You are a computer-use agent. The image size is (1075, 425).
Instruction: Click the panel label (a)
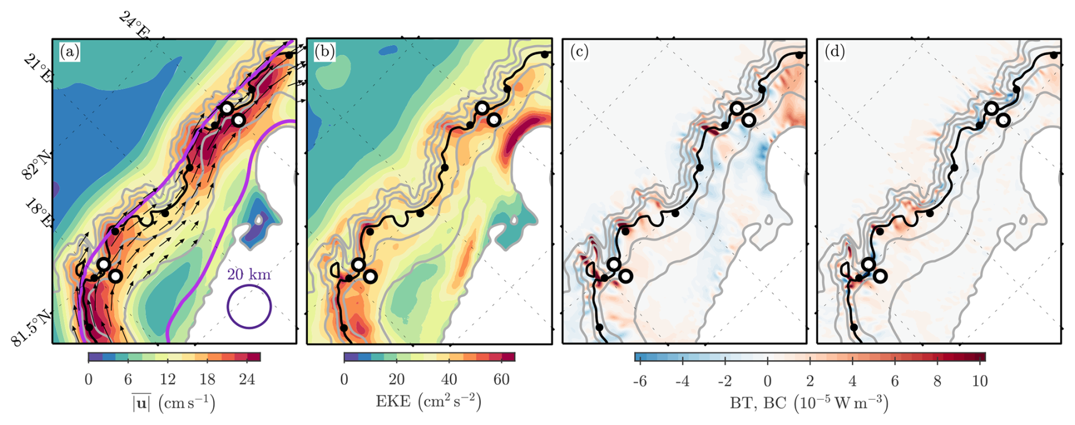pyautogui.click(x=70, y=52)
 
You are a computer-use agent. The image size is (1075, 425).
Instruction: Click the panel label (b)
pyautogui.click(x=324, y=52)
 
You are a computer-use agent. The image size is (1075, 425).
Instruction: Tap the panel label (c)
pyautogui.click(x=580, y=52)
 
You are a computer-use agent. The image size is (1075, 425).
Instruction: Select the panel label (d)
pyautogui.click(x=835, y=52)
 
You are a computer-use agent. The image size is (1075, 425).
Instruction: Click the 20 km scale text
pyautogui.click(x=249, y=275)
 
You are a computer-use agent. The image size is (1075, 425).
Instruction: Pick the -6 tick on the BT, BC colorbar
pyautogui.click(x=640, y=381)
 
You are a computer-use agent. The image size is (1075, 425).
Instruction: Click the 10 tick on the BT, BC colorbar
pyautogui.click(x=980, y=381)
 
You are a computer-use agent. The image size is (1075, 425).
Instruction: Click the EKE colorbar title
pyautogui.click(x=429, y=402)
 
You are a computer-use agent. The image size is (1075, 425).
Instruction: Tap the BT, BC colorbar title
pyautogui.click(x=809, y=402)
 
